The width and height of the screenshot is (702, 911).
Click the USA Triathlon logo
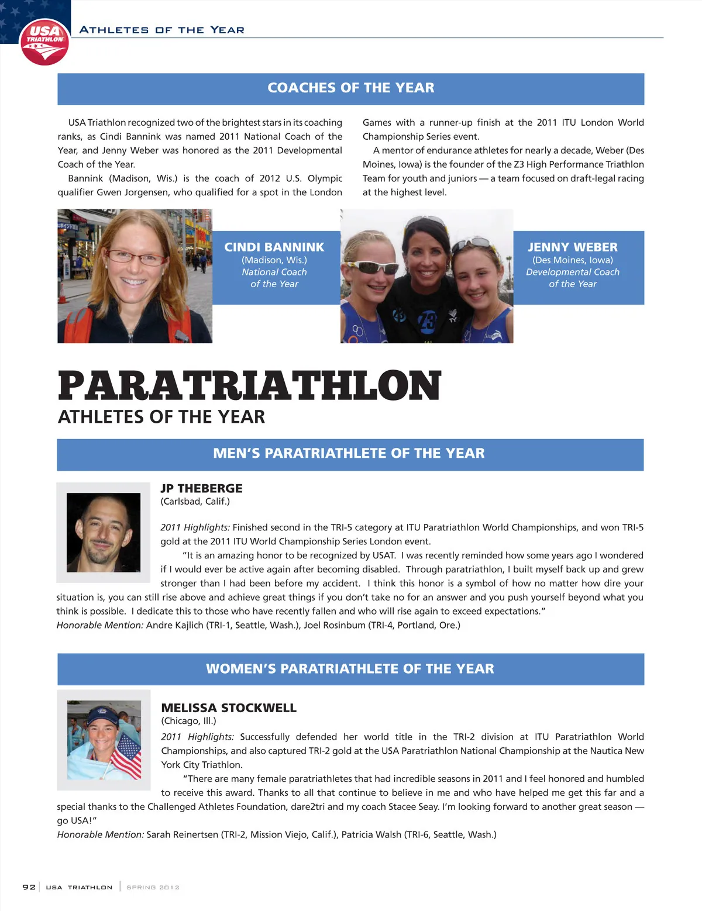[44, 41]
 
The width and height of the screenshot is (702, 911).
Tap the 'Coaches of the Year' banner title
[350, 88]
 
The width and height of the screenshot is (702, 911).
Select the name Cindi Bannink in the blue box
[274, 247]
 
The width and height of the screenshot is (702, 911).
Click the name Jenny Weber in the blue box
[572, 247]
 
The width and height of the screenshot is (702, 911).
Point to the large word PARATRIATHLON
[249, 386]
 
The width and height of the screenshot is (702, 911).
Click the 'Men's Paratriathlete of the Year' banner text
[349, 453]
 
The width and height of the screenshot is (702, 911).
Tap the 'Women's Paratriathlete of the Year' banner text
[350, 668]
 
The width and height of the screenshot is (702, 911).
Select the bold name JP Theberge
[201, 488]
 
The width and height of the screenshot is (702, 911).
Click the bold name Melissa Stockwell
[229, 708]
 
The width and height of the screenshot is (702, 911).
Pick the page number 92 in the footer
[29, 887]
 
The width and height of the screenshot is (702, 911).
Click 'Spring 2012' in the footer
[153, 887]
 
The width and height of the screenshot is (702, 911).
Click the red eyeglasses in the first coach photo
[136, 257]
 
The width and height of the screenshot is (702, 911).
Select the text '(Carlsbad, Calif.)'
[195, 501]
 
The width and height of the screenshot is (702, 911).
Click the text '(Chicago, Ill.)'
[188, 721]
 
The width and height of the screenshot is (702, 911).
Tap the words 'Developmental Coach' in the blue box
[572, 272]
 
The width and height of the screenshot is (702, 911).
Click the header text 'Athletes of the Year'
[161, 30]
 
